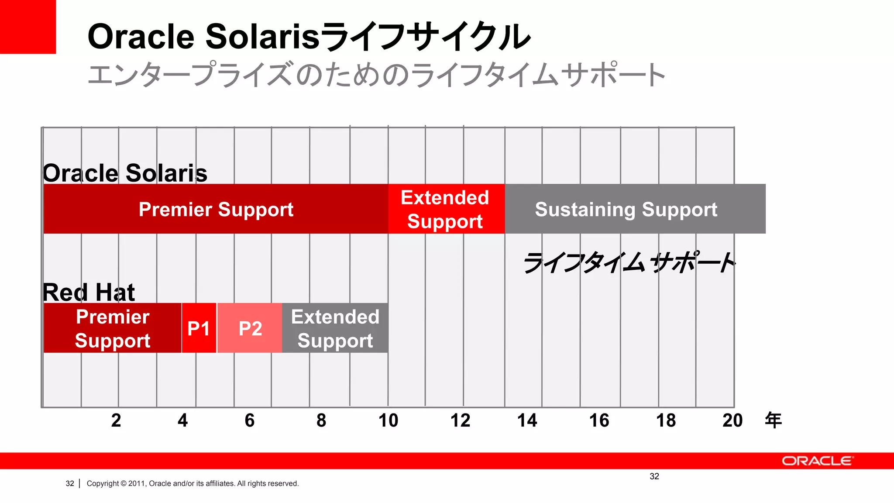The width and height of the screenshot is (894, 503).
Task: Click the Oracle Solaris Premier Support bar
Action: click(216, 209)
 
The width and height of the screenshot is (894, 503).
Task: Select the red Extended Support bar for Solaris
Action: click(445, 209)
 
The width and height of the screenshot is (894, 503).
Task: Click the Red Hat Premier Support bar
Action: click(112, 328)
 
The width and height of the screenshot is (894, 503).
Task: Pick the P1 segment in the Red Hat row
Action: click(199, 328)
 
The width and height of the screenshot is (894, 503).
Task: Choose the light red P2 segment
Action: click(250, 328)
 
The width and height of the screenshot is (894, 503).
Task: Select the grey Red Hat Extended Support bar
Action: click(335, 328)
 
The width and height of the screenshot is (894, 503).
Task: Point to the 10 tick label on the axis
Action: click(388, 420)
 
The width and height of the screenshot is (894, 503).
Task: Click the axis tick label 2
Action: click(116, 420)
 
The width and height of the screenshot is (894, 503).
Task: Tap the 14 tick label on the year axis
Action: click(527, 420)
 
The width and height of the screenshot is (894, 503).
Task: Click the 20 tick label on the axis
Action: click(732, 420)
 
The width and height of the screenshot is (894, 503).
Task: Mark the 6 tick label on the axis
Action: click(249, 420)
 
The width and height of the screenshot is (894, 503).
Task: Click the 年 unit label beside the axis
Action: click(773, 420)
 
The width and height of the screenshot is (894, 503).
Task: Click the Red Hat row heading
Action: click(89, 292)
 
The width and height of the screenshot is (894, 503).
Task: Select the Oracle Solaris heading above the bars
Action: click(125, 173)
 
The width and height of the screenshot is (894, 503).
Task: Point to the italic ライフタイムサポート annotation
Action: click(629, 263)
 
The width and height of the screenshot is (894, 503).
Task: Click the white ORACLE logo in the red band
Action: click(817, 461)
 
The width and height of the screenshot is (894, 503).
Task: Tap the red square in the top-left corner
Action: click(28, 27)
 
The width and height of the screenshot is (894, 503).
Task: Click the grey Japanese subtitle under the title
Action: click(375, 75)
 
